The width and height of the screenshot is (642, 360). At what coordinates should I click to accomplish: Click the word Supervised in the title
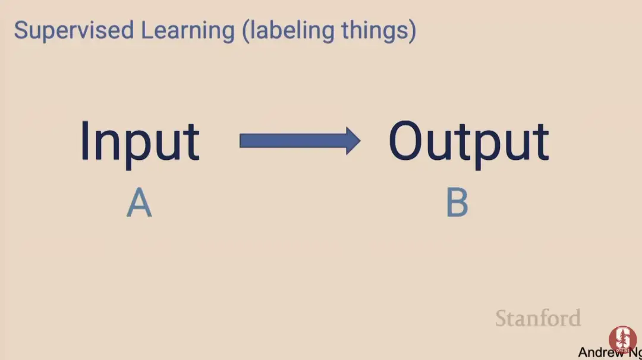[x=74, y=31]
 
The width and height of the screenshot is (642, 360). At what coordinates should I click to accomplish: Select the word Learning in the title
[x=187, y=31]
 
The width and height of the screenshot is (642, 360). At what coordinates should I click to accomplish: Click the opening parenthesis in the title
[x=246, y=31]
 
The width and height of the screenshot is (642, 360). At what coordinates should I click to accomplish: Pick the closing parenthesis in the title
[x=413, y=31]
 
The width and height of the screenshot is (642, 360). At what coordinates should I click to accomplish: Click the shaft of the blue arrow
[x=293, y=141]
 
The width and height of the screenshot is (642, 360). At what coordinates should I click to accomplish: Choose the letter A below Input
[x=139, y=202]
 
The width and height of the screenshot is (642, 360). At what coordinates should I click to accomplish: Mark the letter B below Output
[x=457, y=202]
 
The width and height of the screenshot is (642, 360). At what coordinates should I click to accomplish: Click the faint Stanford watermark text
[x=538, y=318]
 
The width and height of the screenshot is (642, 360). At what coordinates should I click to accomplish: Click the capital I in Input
[x=85, y=141]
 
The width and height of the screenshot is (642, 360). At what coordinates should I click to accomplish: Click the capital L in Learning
[x=147, y=30]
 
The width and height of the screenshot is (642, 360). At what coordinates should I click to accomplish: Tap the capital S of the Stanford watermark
[x=502, y=318]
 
